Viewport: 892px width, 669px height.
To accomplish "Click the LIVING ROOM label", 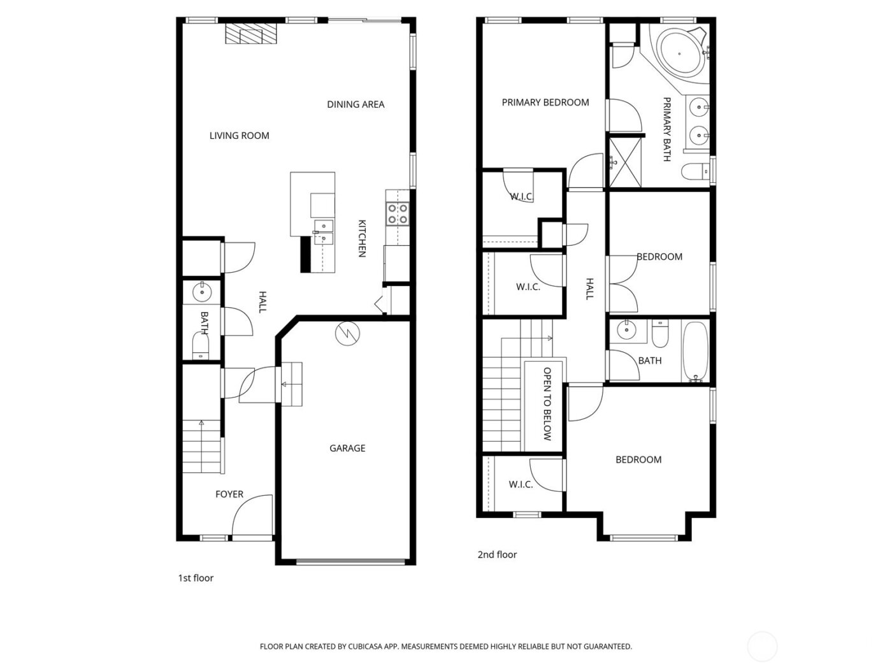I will click(239, 136).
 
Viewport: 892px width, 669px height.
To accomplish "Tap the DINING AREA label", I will click(356, 104).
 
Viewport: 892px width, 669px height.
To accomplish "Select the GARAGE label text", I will click(347, 449).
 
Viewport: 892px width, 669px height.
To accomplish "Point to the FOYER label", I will click(229, 494).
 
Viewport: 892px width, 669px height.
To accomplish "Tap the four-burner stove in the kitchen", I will click(398, 214).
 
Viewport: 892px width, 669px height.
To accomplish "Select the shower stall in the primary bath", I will click(624, 162).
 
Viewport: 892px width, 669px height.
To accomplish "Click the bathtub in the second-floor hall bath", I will click(694, 352).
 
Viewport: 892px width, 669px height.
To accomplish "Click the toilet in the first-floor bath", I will click(201, 346).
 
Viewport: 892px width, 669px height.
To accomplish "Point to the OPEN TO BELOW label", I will click(547, 404).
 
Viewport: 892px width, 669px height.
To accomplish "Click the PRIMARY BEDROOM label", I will click(545, 103).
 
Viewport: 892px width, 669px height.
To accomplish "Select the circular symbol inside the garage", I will click(348, 333).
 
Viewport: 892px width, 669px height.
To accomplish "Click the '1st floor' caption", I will click(196, 579).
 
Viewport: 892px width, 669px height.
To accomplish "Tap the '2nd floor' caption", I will click(497, 555).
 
